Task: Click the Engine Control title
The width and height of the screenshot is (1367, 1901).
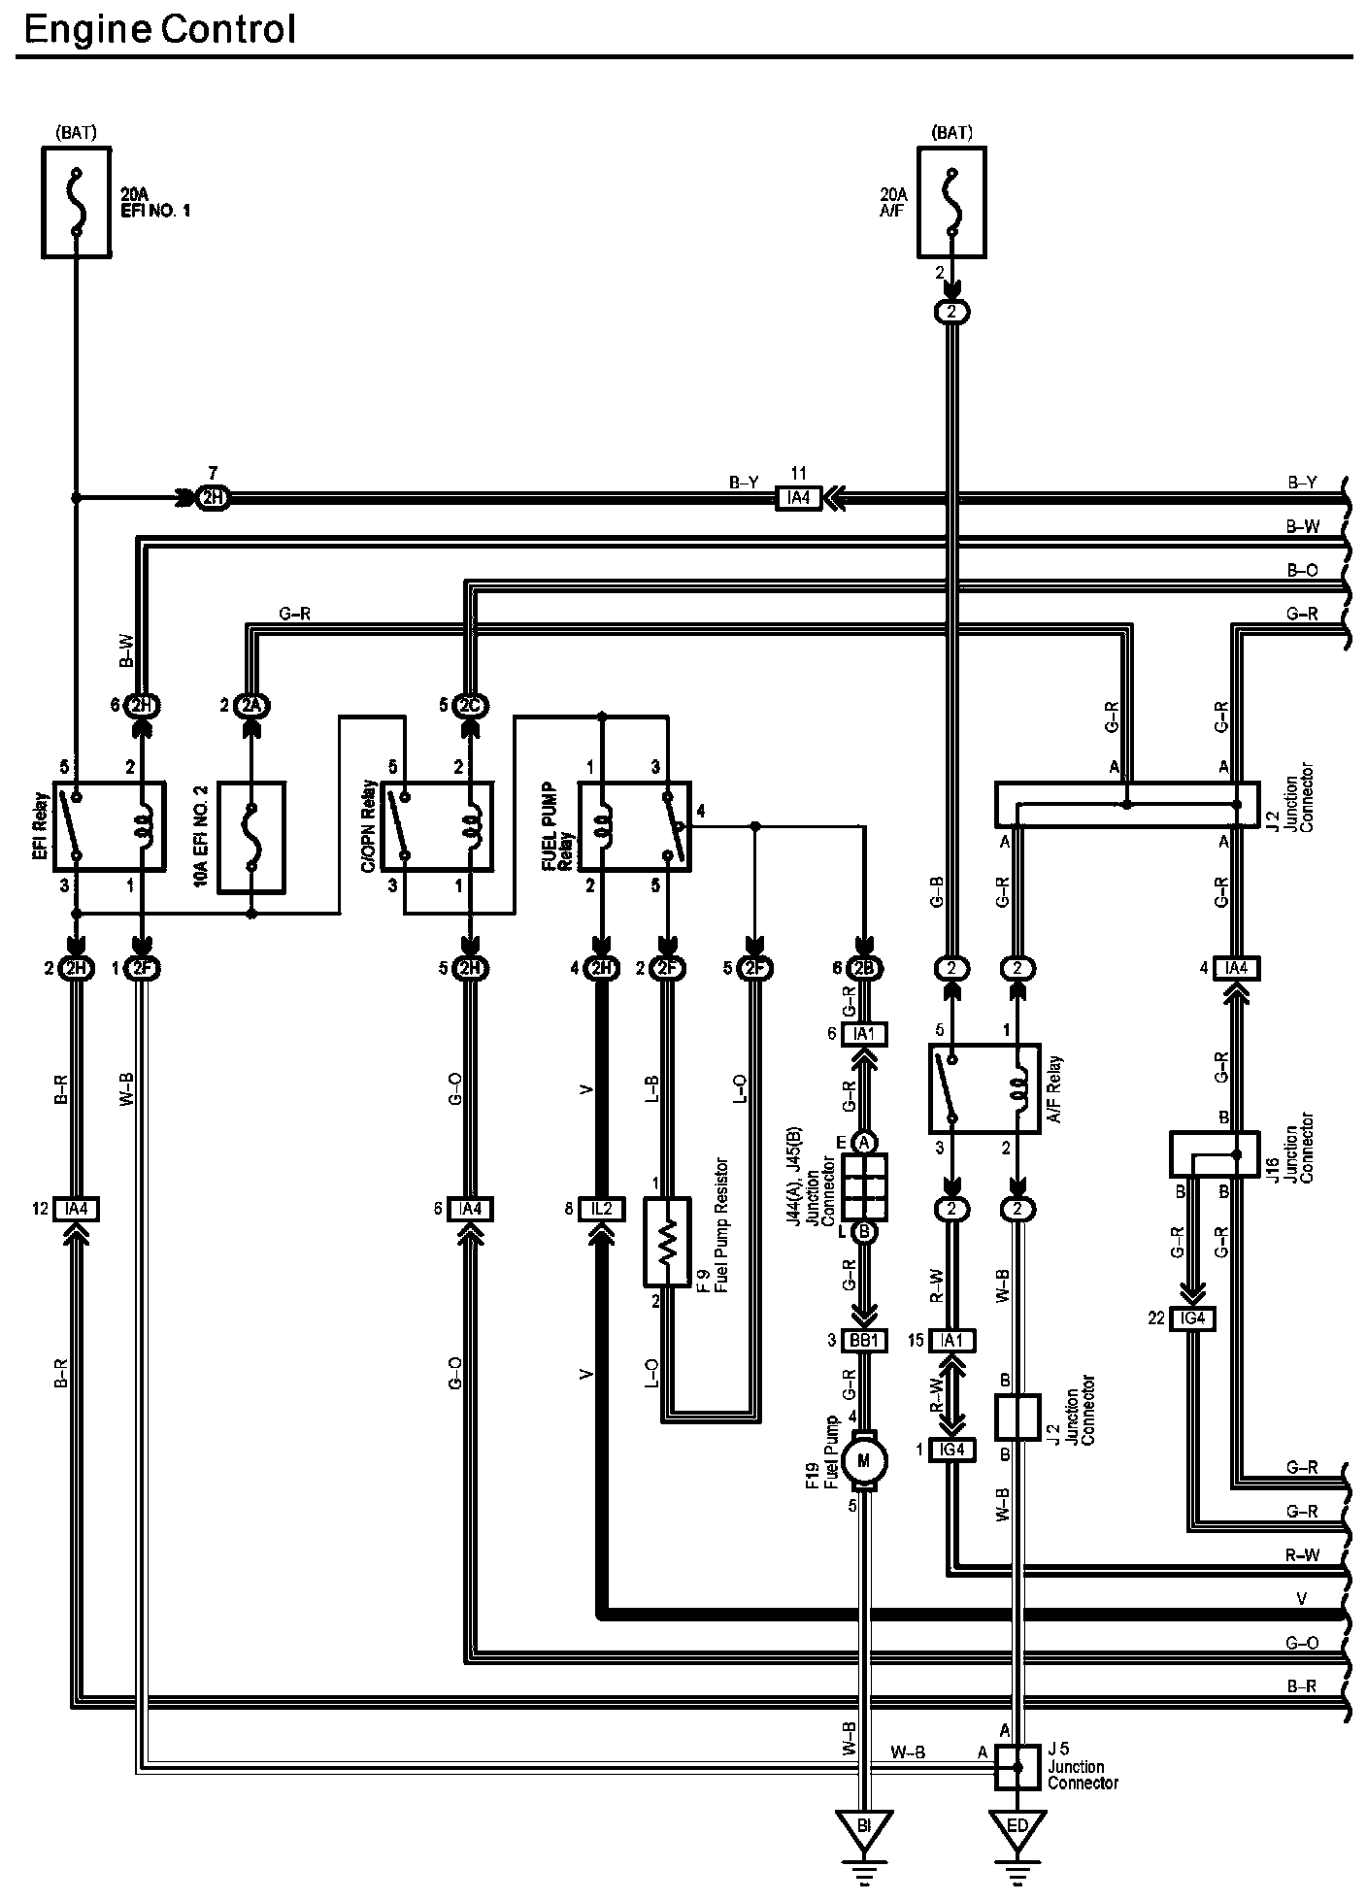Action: (159, 29)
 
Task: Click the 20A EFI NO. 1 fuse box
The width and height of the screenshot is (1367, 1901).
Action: (75, 202)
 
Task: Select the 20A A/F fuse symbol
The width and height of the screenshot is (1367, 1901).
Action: (951, 202)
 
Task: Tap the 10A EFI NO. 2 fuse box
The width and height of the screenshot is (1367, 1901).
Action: (251, 837)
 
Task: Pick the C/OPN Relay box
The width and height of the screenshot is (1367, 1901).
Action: (437, 824)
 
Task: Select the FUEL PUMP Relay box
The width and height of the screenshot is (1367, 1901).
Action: (634, 826)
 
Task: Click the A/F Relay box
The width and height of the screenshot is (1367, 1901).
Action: (984, 1088)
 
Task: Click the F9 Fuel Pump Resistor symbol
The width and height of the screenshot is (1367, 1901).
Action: (667, 1242)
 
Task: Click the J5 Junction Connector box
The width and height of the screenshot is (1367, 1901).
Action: (1017, 1768)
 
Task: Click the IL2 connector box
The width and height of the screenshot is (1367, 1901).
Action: (602, 1209)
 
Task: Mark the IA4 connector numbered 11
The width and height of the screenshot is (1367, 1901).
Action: (799, 498)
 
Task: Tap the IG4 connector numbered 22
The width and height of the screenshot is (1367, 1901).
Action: (1192, 1318)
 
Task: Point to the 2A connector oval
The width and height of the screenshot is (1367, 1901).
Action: (251, 705)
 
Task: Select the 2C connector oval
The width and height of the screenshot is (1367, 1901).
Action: (470, 705)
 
